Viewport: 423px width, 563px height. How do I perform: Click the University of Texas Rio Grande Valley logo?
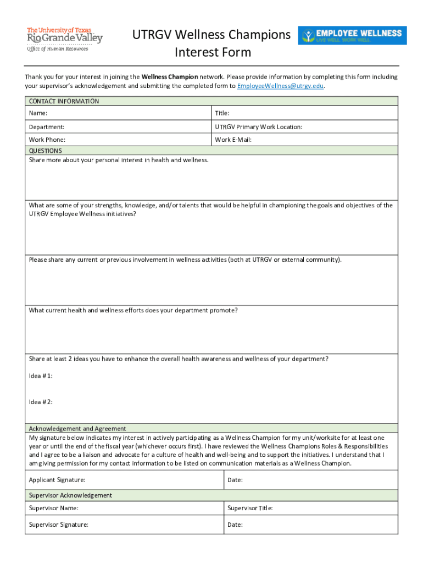point(64,38)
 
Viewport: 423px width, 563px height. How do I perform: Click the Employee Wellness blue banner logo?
point(352,35)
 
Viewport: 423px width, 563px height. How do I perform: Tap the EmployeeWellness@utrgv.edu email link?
point(280,86)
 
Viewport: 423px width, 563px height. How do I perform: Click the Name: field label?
point(38,113)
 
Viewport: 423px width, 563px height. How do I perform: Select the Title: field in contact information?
point(222,113)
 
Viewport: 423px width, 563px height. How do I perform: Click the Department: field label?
point(47,127)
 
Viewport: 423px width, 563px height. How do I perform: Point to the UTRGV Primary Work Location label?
point(258,127)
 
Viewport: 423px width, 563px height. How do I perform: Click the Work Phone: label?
point(47,140)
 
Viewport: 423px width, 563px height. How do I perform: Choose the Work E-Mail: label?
point(233,140)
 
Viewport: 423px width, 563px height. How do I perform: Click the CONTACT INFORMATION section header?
point(64,101)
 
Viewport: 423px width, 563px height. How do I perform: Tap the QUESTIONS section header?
point(45,151)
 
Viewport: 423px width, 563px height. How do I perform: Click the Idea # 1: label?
point(41,376)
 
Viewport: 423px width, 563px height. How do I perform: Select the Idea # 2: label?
point(41,402)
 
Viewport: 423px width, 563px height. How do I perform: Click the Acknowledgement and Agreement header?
point(77,428)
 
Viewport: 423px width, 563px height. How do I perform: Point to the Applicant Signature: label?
point(57,480)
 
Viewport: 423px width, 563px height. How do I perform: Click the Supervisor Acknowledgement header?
point(70,495)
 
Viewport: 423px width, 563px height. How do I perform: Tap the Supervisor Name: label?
point(53,508)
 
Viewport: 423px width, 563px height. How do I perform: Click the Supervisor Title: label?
point(250,508)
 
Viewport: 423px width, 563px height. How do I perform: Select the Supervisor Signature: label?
point(58,525)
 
